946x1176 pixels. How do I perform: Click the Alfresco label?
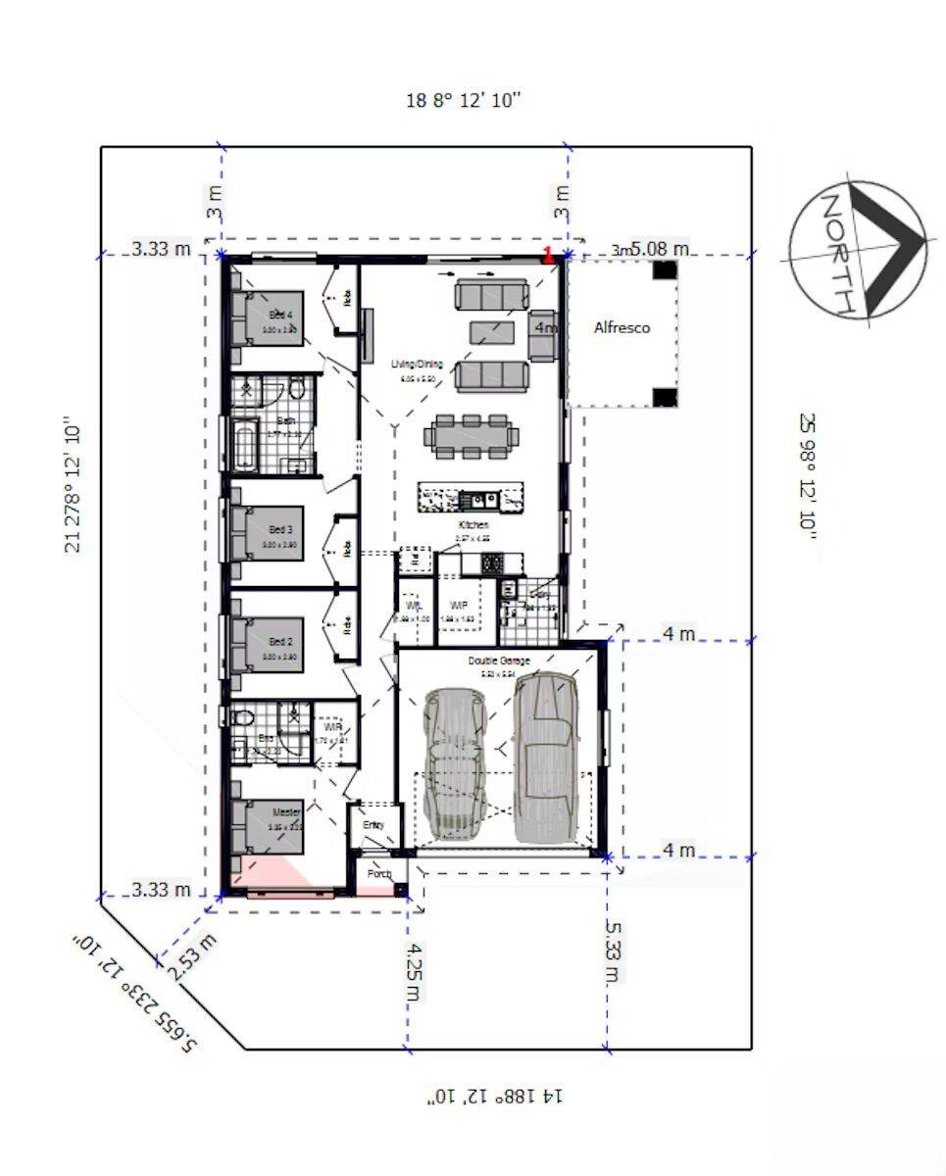[x=622, y=328]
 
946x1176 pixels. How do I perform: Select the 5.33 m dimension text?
[x=612, y=951]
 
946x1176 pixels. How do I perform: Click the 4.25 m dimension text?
[x=416, y=970]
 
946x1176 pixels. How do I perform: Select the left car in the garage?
[x=454, y=759]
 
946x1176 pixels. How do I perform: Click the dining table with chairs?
[x=472, y=435]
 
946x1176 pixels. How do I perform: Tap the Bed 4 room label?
[x=280, y=316]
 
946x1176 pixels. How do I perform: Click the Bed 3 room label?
[x=280, y=529]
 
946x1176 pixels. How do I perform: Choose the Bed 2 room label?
[x=280, y=642]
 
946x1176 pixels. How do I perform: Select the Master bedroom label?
[x=285, y=811]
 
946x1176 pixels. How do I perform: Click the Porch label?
[x=378, y=873]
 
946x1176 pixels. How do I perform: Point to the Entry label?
[x=374, y=825]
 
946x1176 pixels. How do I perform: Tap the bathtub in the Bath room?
[x=245, y=445]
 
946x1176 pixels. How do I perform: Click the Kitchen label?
[x=473, y=525]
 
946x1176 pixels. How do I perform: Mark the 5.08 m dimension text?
[x=659, y=249]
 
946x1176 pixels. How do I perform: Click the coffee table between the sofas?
[x=490, y=333]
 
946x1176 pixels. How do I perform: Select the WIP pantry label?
[x=458, y=606]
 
